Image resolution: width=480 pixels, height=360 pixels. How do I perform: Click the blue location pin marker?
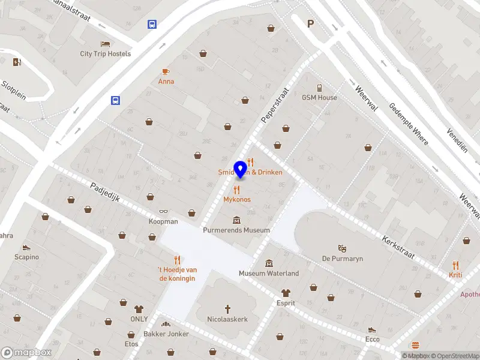pos(241,169)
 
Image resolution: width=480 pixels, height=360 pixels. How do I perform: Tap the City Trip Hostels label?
pos(106,53)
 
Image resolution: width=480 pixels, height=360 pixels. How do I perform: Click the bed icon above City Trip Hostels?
pos(106,44)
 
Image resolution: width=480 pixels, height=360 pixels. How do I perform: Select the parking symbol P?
pos(311,24)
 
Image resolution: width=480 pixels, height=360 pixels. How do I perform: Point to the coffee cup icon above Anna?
pos(166,71)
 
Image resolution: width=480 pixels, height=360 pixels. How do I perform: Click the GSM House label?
pos(319,97)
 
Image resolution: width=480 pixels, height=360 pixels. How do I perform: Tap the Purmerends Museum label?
pos(236,230)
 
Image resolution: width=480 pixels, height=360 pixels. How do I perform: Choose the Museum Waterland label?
pos(269,273)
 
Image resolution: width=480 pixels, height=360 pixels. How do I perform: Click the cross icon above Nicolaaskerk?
pos(227,309)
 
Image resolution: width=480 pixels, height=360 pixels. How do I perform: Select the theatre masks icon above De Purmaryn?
pos(343,248)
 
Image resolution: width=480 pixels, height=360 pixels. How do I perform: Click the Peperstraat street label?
pos(275,106)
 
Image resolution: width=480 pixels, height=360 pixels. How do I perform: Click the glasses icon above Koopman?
pos(163,211)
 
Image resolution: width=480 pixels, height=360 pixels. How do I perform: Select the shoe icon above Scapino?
pos(26,247)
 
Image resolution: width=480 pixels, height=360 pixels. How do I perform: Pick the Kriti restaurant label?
pos(455,274)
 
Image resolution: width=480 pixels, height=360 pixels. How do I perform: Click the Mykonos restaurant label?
pos(237,199)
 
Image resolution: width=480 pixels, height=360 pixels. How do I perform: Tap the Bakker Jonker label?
pos(166,334)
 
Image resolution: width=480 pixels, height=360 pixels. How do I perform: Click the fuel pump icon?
pos(16,62)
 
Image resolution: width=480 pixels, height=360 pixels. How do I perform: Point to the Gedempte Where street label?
pos(409,123)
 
